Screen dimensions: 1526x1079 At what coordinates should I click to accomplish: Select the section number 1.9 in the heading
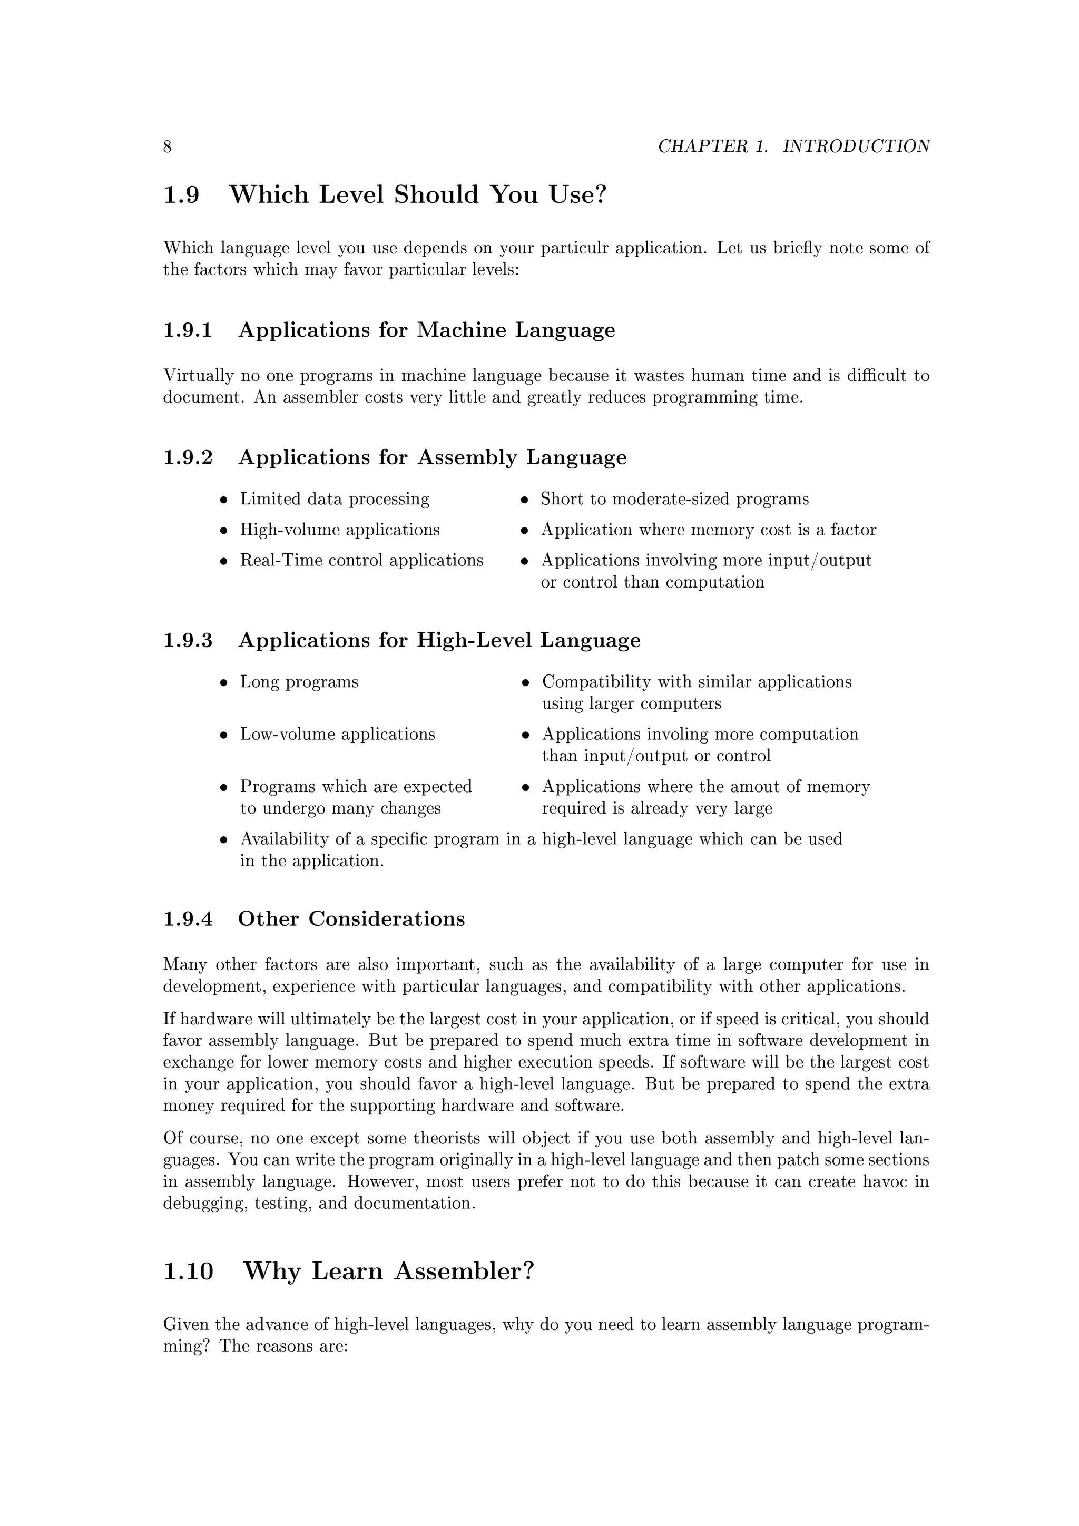click(x=181, y=195)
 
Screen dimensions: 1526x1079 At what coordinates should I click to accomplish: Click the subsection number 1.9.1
click(x=188, y=330)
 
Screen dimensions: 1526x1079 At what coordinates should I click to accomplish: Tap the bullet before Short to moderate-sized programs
click(x=524, y=500)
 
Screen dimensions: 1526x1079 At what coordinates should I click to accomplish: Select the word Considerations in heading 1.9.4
click(x=387, y=919)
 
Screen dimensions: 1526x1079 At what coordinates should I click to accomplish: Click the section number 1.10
click(x=189, y=1272)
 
